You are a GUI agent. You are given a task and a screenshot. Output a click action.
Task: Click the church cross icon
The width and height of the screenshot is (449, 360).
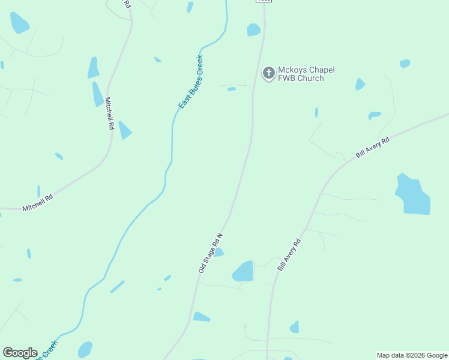pyautogui.click(x=268, y=73)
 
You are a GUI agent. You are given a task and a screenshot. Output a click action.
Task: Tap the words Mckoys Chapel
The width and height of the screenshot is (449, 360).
pyautogui.click(x=306, y=70)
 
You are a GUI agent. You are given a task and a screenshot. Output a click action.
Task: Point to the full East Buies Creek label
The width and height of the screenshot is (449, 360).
pyautogui.click(x=191, y=82)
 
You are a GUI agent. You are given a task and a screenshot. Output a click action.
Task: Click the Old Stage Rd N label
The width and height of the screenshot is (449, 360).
pyautogui.click(x=210, y=254)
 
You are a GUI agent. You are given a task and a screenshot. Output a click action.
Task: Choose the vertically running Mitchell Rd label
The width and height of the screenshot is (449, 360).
pyautogui.click(x=109, y=114)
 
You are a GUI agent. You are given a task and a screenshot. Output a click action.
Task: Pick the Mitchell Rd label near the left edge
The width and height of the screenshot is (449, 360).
pyautogui.click(x=38, y=202)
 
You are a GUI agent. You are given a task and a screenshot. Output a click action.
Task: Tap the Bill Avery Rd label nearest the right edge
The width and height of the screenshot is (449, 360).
pyautogui.click(x=373, y=147)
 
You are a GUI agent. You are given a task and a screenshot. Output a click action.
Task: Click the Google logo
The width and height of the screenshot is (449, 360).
pyautogui.click(x=20, y=353)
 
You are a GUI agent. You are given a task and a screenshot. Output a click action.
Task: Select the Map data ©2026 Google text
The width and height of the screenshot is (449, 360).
pyautogui.click(x=412, y=355)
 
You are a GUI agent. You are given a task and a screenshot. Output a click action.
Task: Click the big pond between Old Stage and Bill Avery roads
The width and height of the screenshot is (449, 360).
pyautogui.click(x=244, y=271)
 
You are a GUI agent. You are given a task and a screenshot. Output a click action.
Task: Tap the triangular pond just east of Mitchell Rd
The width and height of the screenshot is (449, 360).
pyautogui.click(x=124, y=131)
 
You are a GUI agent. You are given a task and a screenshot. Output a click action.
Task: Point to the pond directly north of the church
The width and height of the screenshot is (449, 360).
pyautogui.click(x=253, y=29)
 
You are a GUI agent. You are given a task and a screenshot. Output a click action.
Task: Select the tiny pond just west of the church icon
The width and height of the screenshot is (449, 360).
pyautogui.click(x=231, y=89)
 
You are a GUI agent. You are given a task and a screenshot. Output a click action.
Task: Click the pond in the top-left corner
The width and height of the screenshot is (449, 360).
pyautogui.click(x=19, y=23)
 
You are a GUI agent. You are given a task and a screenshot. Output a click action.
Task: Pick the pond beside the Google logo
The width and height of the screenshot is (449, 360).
pyautogui.click(x=85, y=349)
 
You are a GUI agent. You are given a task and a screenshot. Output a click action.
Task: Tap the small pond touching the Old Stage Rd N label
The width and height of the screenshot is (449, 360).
pyautogui.click(x=219, y=253)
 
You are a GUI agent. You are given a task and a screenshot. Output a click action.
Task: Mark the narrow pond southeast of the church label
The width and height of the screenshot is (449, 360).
pyautogui.click(x=316, y=112)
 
